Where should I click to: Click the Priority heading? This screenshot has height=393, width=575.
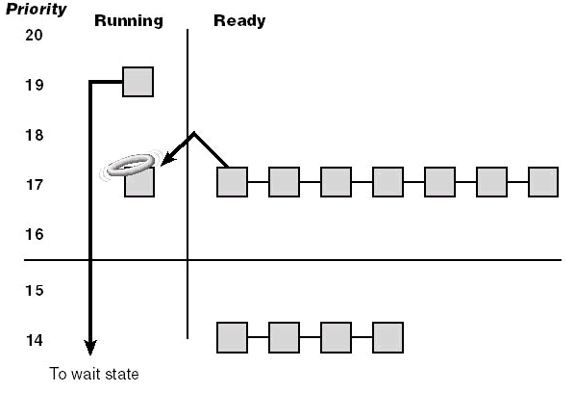pos(37,9)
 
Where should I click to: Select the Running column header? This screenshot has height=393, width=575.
pos(129,21)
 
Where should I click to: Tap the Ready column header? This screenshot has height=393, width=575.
pos(239,21)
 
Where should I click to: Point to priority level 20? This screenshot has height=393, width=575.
pos(34,35)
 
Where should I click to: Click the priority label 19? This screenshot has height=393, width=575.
pos(34,85)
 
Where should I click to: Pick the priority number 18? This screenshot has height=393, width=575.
pos(34,135)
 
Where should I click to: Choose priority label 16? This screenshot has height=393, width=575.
pos(34,234)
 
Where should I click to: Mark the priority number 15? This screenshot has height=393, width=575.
pos(34,290)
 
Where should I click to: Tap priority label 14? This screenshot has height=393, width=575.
pos(34,340)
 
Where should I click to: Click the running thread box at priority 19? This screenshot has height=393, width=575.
pos(137,82)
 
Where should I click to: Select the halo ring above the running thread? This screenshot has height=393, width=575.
pos(131,164)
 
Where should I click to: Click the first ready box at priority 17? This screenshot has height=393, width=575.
pos(232,182)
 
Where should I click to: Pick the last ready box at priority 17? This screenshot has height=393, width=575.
pos(543,182)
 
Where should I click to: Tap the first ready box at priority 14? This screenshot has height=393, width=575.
pos(232,337)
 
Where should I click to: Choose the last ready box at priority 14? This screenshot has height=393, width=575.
pos(387,337)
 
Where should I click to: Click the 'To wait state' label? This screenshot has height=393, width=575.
pos(94,374)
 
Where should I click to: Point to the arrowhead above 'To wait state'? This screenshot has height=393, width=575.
pos(90,347)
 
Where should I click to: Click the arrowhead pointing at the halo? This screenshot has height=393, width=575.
pos(167,159)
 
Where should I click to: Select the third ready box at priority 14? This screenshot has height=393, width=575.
pos(336,337)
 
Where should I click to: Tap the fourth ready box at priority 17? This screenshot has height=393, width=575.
pos(387,182)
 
